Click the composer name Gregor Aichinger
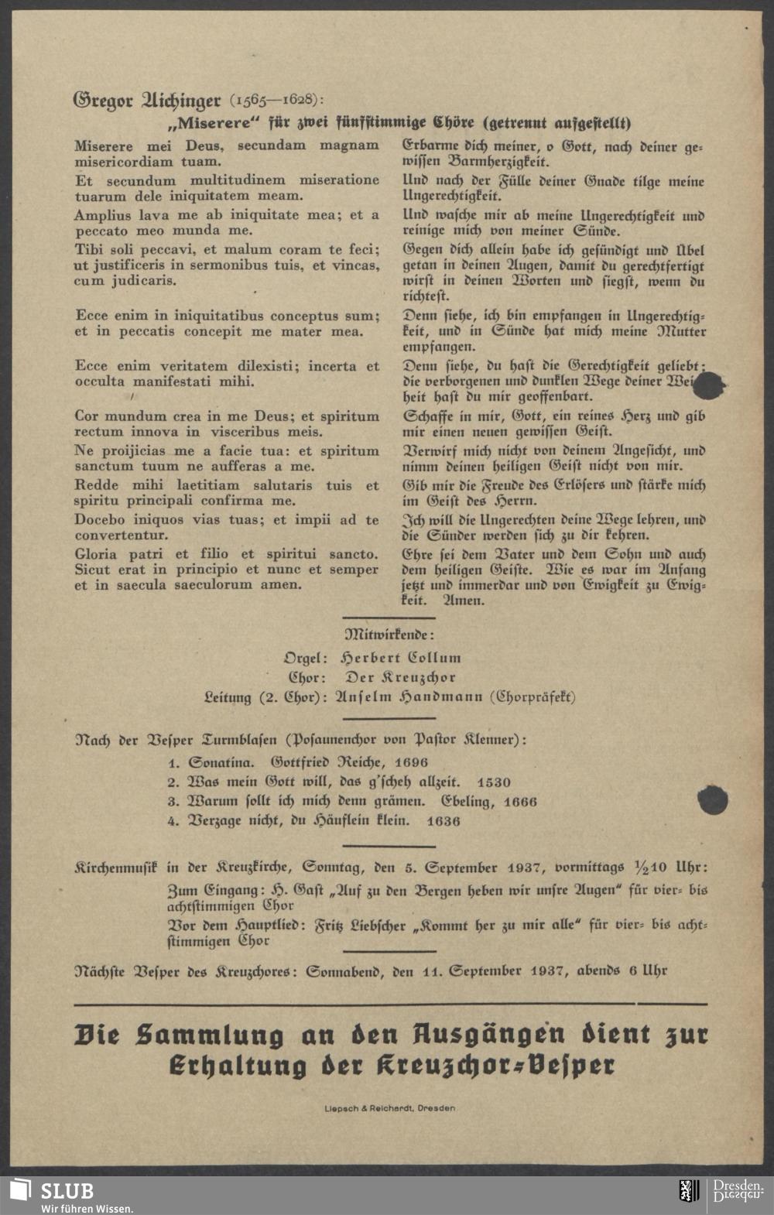click(147, 101)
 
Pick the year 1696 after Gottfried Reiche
click(411, 763)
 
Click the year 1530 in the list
click(494, 782)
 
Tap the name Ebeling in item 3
click(468, 802)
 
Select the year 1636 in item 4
click(443, 821)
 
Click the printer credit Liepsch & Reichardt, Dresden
click(389, 1108)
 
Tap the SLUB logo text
click(67, 1191)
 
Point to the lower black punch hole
click(712, 800)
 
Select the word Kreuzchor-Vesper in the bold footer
click(496, 1066)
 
